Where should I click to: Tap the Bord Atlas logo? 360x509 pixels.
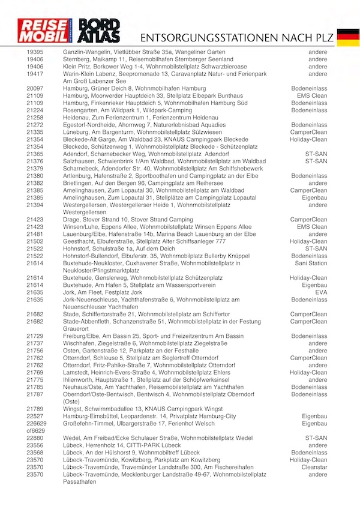(x=100, y=31)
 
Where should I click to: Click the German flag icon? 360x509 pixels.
(x=348, y=37)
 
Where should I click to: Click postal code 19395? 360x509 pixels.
(x=35, y=53)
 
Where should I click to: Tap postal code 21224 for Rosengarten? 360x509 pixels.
(x=35, y=110)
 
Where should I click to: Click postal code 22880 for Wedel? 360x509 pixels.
(x=35, y=438)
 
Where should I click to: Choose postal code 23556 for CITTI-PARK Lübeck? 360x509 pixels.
(x=35, y=445)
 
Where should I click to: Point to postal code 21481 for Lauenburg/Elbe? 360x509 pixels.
(x=35, y=234)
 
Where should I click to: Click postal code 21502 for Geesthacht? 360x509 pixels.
(x=35, y=241)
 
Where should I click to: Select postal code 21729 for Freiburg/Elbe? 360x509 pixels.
(x=35, y=336)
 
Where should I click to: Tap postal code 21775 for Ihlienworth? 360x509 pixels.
(x=35, y=380)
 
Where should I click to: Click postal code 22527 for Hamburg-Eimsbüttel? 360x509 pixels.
(x=35, y=416)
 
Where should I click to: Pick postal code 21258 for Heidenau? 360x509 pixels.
(x=35, y=118)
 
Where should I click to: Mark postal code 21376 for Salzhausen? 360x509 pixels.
(x=35, y=161)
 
